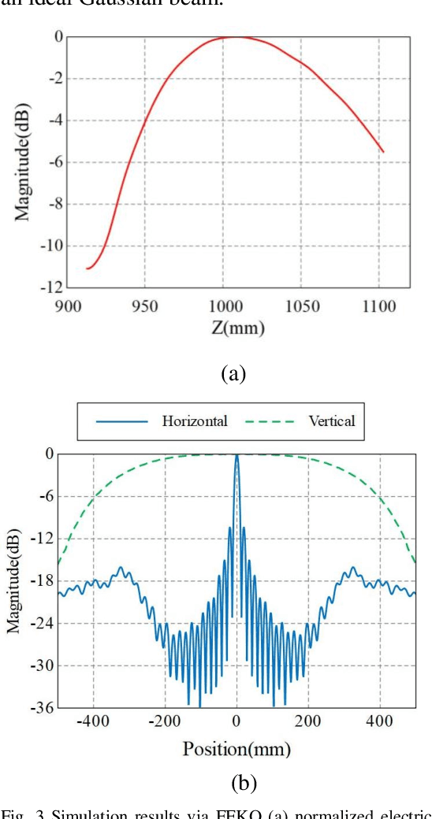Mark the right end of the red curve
tap(383, 151)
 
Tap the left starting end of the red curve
tap(87, 269)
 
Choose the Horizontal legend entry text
tap(195, 421)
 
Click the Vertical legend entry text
tap(331, 421)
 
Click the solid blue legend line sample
tap(122, 421)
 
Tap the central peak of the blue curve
tap(236, 455)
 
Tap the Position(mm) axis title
tap(236, 748)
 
